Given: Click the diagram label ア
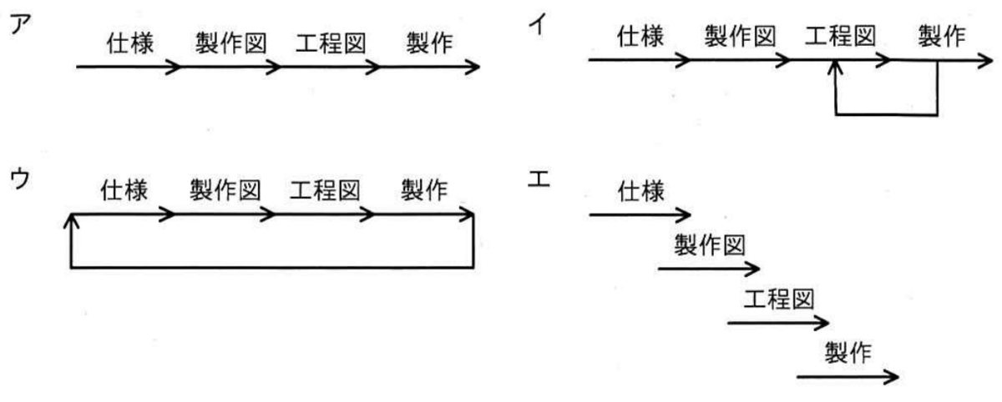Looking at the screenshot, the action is (21, 23).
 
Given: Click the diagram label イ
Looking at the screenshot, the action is (537, 23).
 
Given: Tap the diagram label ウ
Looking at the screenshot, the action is (20, 178).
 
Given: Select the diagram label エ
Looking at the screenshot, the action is (539, 179).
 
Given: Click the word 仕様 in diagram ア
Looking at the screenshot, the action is (129, 43).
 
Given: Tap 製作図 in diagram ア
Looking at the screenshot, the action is (230, 43).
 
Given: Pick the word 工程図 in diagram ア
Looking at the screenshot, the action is (331, 43).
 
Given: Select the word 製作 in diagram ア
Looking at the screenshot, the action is (429, 43).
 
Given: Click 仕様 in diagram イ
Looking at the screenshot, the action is (640, 36).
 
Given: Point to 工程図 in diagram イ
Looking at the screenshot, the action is (840, 36).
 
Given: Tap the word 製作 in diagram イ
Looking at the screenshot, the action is (942, 36).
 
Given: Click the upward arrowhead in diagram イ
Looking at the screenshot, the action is (835, 67).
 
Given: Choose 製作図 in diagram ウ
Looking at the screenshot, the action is (225, 190).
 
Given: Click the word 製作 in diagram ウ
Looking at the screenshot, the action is (424, 190).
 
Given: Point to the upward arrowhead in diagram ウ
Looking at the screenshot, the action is (71, 221).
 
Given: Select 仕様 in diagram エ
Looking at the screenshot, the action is (641, 192).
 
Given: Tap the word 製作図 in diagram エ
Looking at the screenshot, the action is (710, 245).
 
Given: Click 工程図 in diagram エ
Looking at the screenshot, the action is (779, 299).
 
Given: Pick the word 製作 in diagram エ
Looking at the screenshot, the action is (848, 353).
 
